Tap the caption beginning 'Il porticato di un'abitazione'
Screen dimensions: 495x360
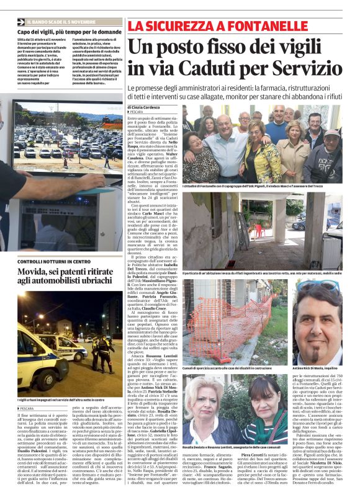261,273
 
